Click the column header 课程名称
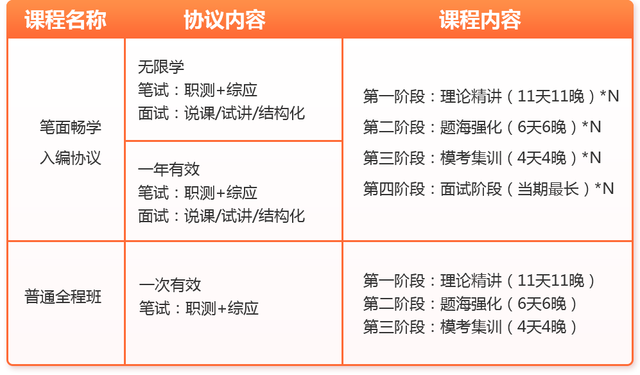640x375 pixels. point(65,20)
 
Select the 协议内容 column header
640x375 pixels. point(225,20)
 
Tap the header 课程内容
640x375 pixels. point(480,20)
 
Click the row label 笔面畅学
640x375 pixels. point(71,127)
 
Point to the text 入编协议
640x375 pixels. point(71,158)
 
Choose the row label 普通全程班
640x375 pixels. point(63,297)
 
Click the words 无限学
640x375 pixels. point(161,67)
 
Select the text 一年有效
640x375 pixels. point(169,169)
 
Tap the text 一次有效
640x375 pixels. point(170,284)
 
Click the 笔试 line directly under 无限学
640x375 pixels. point(198,90)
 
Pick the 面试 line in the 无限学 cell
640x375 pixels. point(221,113)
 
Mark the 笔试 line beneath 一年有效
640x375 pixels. point(198,193)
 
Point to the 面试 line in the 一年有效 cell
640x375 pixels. point(221,216)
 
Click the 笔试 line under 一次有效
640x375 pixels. point(199,308)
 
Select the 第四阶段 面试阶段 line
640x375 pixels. point(489,189)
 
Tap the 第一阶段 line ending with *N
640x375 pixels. point(491,96)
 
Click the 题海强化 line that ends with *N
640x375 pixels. point(482,127)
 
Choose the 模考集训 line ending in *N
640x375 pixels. point(482,158)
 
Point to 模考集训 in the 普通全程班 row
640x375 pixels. point(470,327)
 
